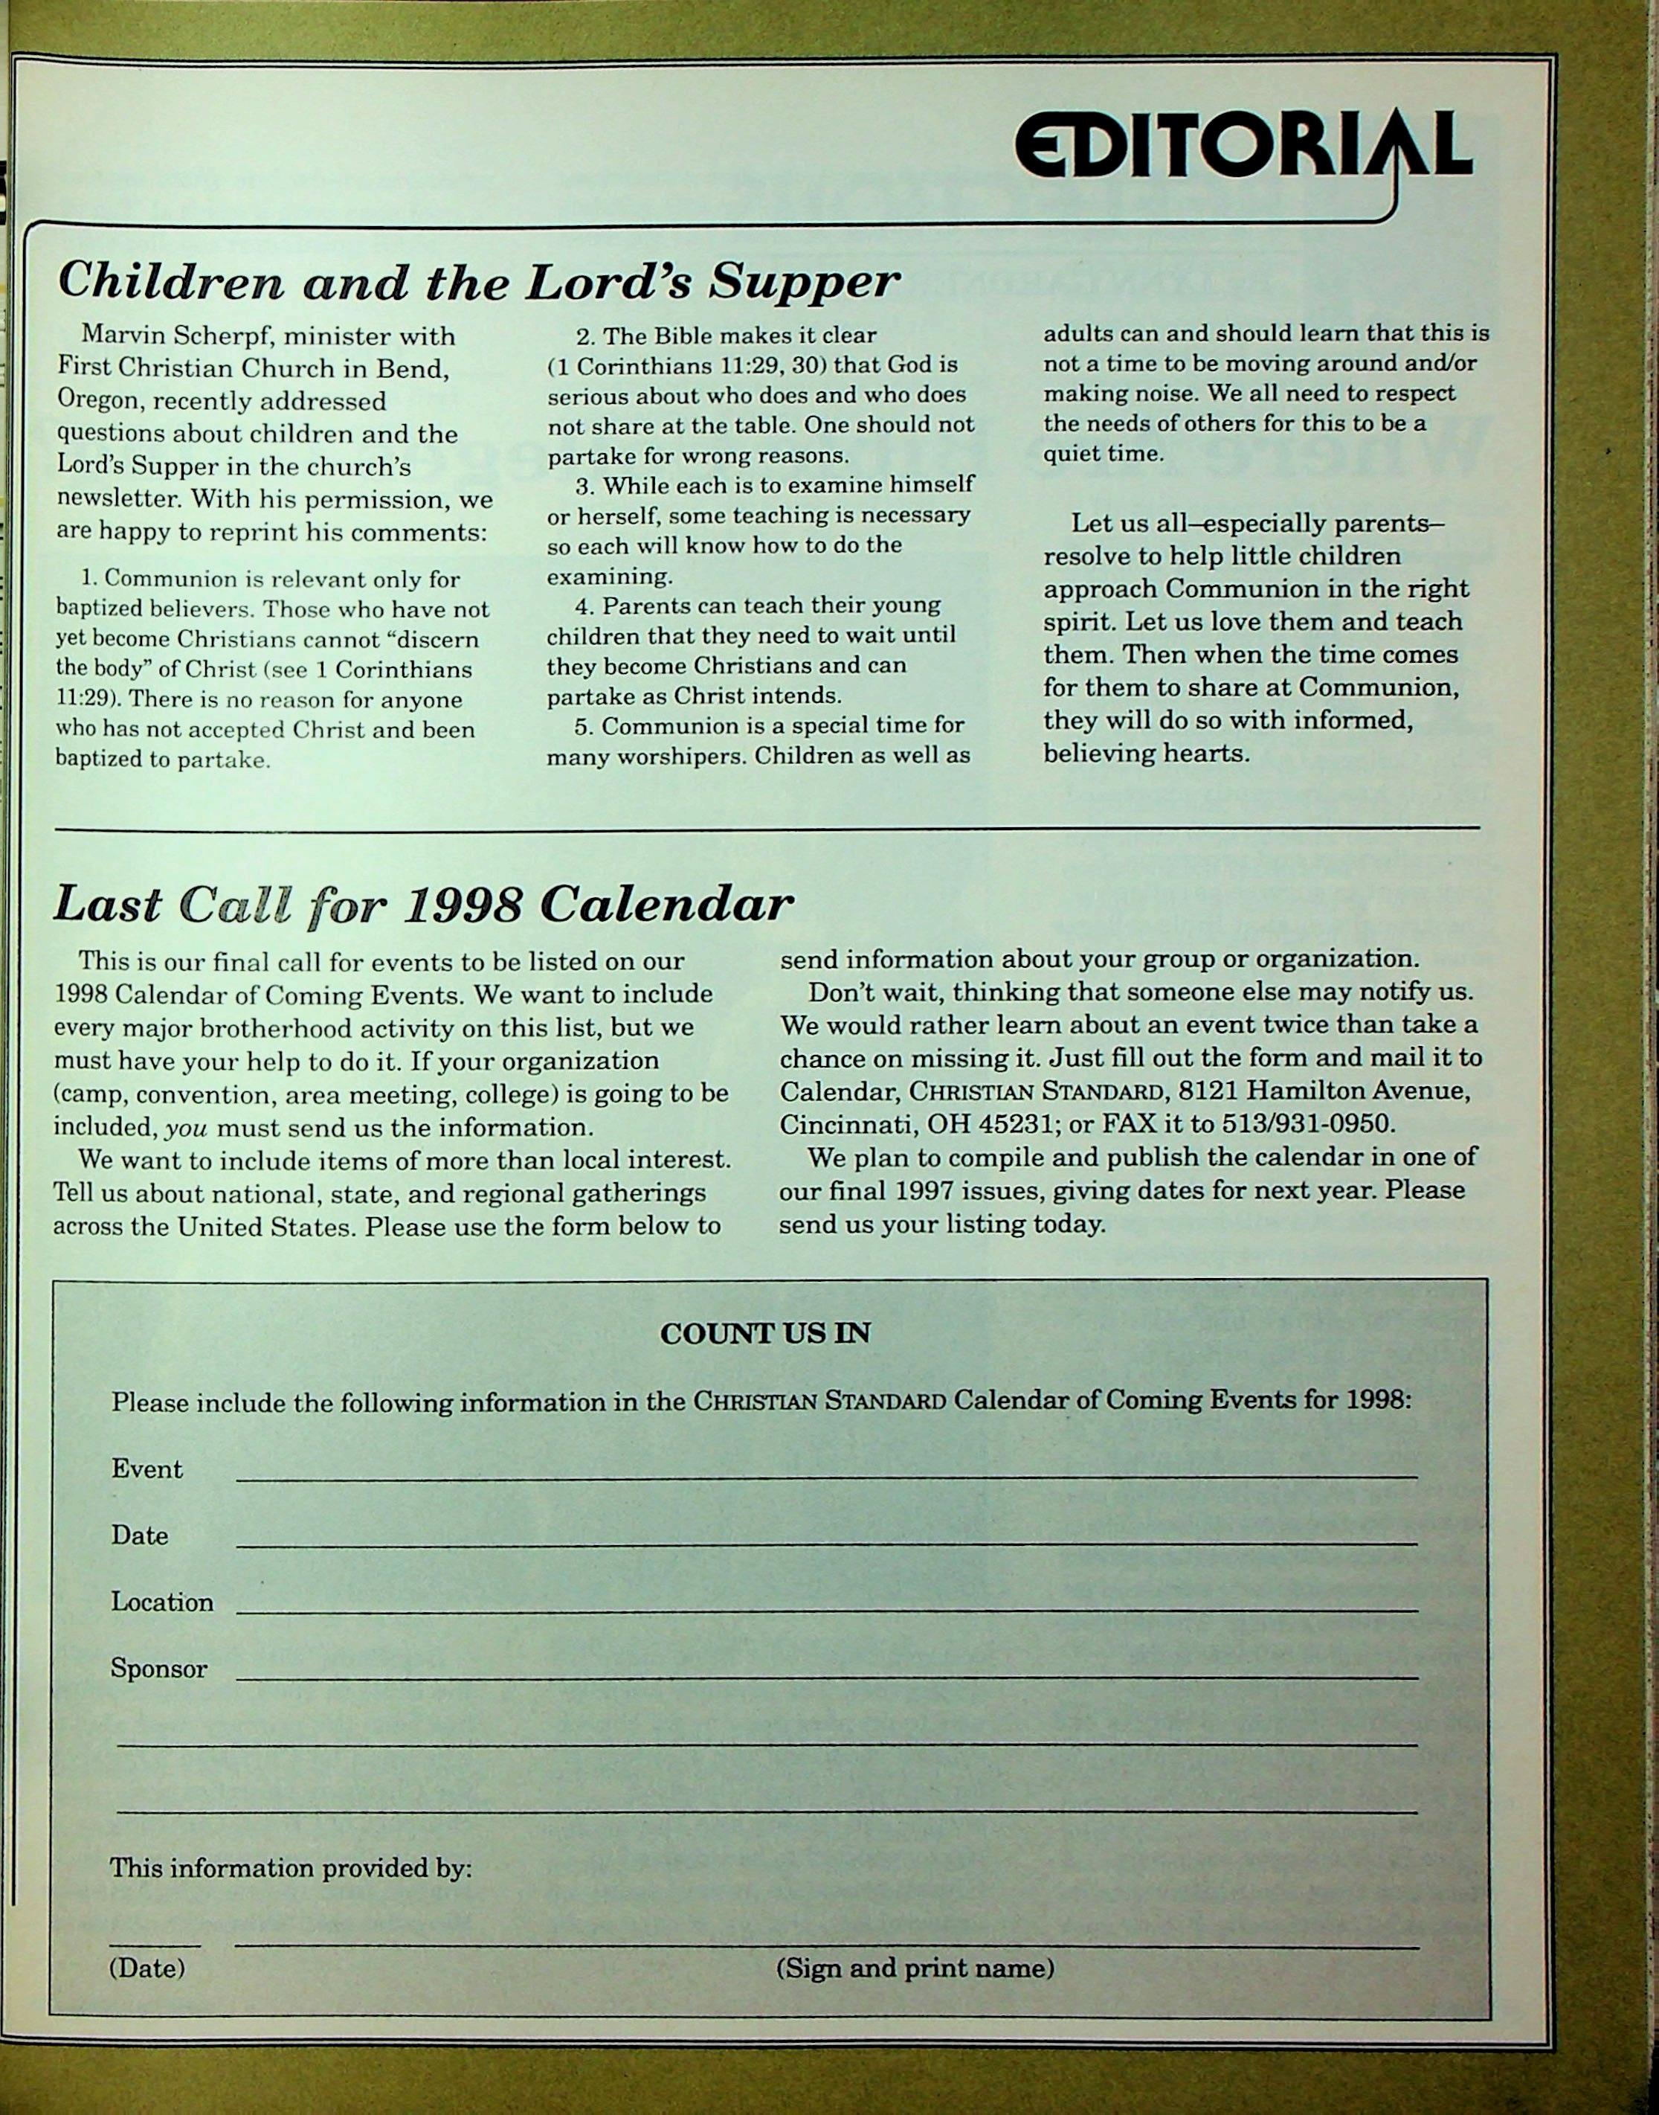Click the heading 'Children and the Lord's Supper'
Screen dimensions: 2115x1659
pos(478,282)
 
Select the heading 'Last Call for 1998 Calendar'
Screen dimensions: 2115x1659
pos(422,905)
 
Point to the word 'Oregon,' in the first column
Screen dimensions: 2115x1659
pos(100,401)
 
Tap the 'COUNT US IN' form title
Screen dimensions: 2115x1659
pos(764,1334)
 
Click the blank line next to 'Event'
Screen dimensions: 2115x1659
pos(825,1476)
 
